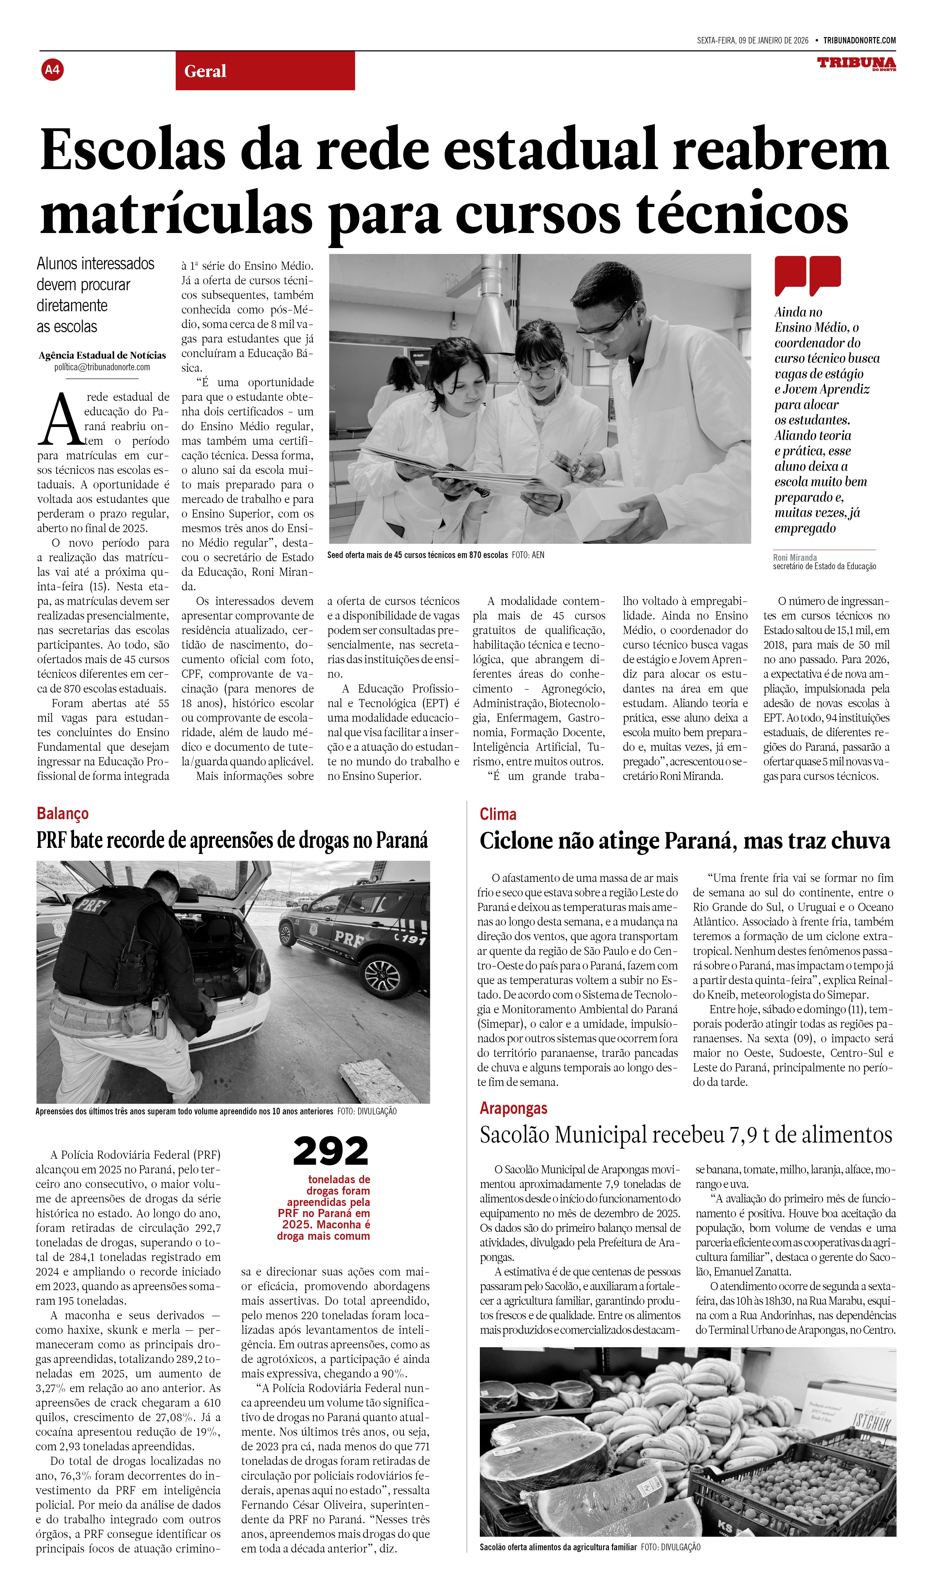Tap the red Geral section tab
pos(265,71)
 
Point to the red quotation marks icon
pos(807,275)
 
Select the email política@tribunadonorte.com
pos(102,367)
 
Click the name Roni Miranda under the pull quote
pos(795,557)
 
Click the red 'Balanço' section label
pos(62,814)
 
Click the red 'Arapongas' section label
pos(513,1108)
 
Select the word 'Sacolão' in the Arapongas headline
pos(514,1135)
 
